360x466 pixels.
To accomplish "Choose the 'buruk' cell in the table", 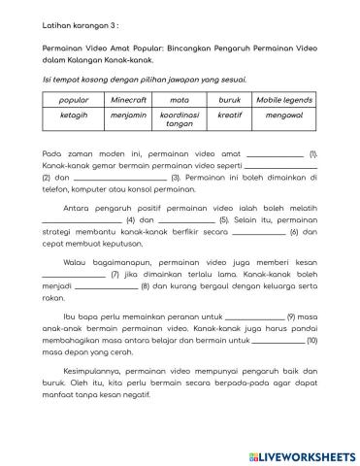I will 229,100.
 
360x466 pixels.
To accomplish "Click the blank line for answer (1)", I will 276,155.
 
